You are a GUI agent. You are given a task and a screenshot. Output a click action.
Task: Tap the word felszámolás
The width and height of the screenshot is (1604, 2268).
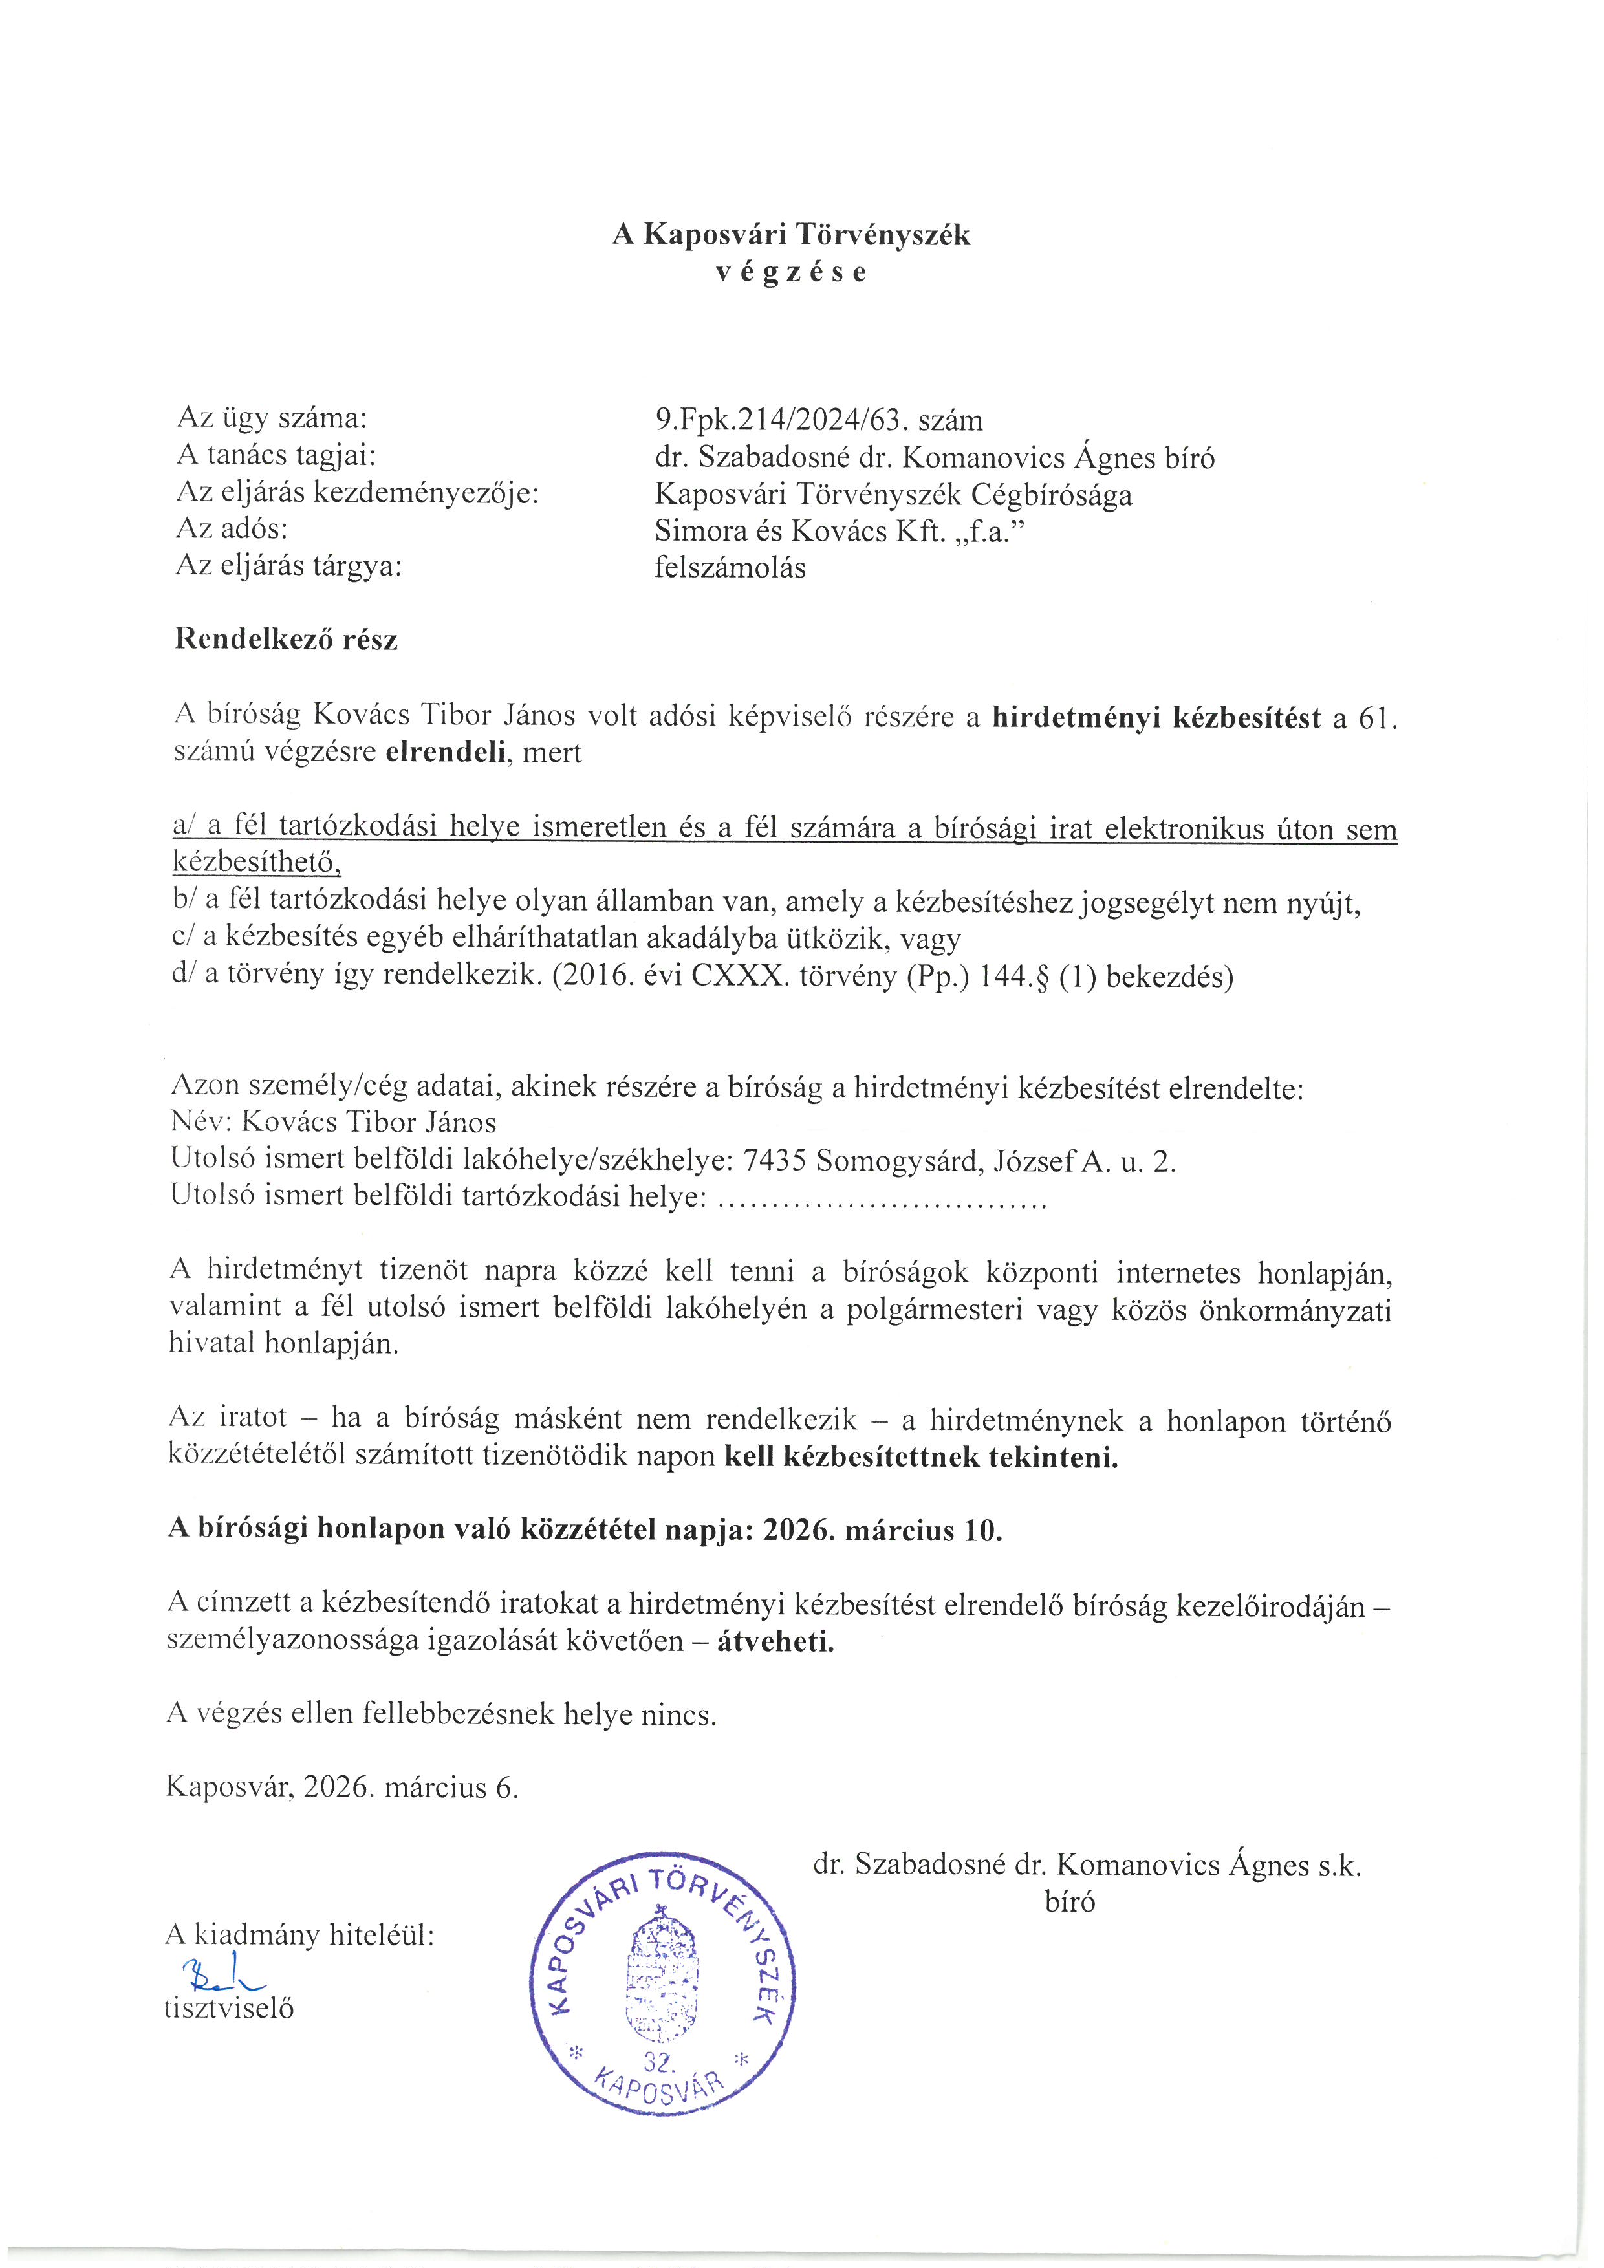(x=730, y=568)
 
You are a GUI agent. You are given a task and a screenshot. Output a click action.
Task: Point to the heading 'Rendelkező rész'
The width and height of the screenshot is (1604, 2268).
(x=287, y=640)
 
